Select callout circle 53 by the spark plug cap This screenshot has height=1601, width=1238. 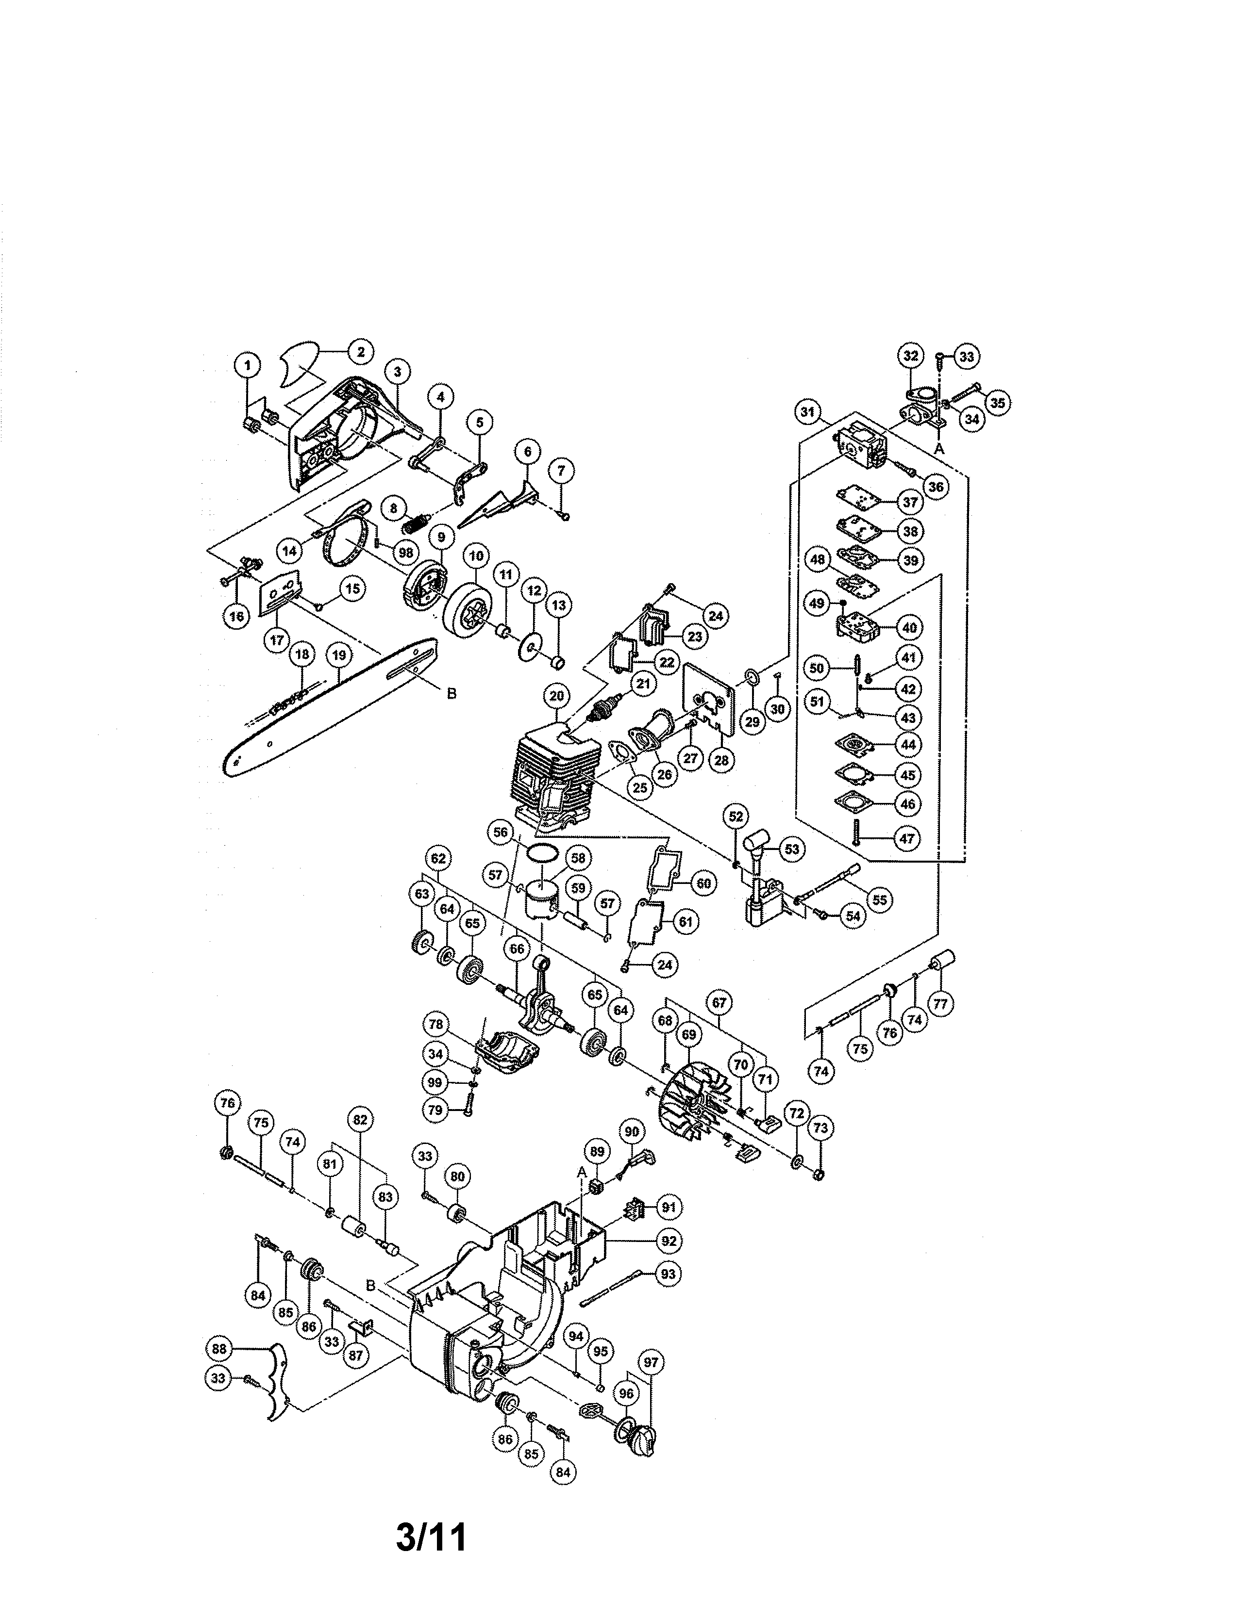791,849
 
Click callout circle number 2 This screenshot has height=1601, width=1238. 360,351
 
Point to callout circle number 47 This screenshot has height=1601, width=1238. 908,838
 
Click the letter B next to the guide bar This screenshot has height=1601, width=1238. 452,693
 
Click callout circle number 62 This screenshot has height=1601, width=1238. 438,858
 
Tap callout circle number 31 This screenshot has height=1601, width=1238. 807,412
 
